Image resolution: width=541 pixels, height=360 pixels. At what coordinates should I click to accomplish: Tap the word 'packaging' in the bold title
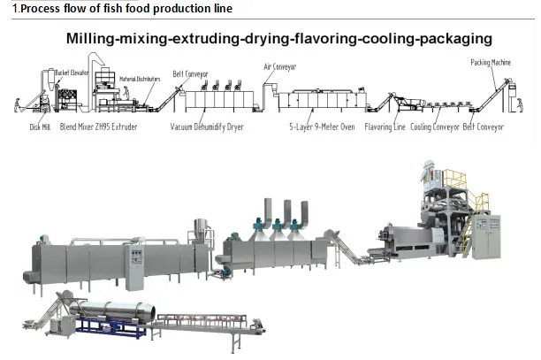point(450,40)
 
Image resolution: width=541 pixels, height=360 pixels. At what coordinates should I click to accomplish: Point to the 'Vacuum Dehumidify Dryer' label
point(207,127)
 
